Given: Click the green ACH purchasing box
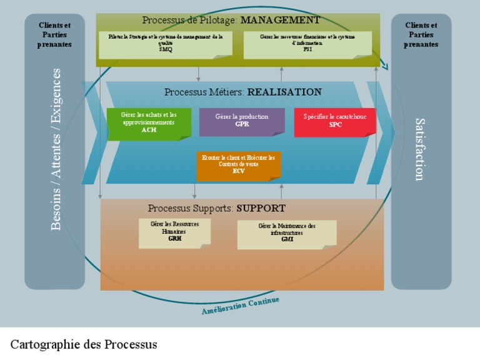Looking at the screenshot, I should click(149, 122).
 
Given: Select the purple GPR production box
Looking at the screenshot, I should click(242, 121).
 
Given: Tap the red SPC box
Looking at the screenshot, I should click(335, 121).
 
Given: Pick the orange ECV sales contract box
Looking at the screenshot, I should click(238, 165).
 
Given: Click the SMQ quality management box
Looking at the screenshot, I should click(165, 44).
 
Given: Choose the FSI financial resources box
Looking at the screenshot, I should click(307, 44).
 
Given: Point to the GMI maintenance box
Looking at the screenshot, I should click(287, 233).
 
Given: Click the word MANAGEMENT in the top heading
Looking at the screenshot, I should click(280, 20).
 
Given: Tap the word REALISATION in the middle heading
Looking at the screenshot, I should click(284, 92).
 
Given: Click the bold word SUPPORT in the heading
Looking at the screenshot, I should click(261, 208).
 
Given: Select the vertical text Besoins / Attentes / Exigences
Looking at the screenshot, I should click(56, 149).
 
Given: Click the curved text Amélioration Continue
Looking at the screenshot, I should click(240, 306).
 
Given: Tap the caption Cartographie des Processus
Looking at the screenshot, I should click(84, 344).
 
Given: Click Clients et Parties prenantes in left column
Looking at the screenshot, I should click(54, 34).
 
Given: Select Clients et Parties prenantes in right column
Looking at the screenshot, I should click(421, 34).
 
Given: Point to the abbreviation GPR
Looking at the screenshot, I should click(242, 124).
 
